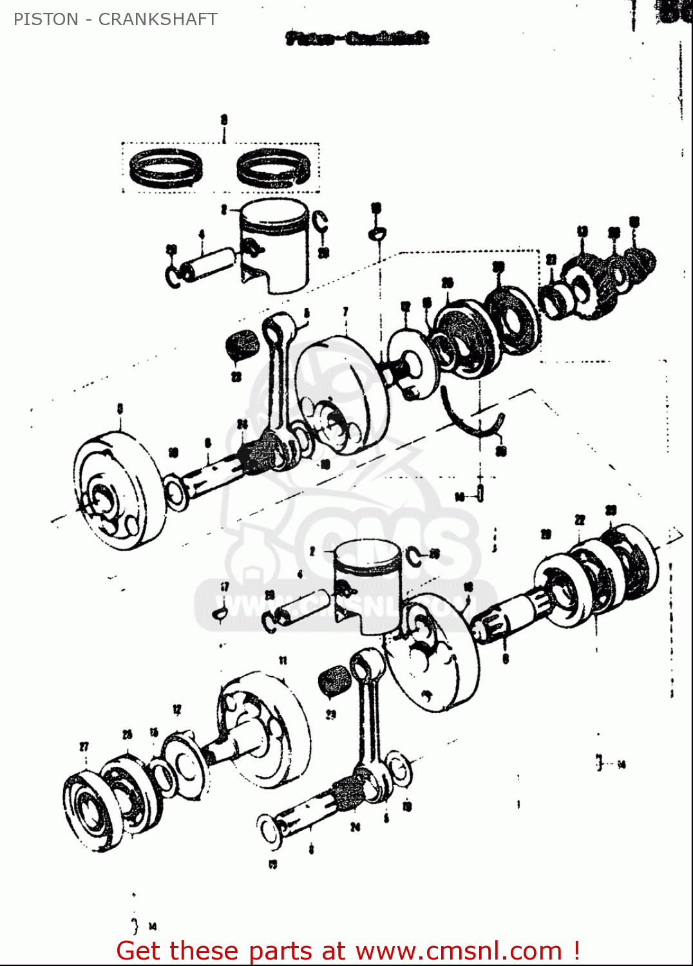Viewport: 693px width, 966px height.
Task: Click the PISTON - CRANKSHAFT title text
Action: pyautogui.click(x=115, y=19)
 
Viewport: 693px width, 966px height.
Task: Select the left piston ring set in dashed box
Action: pyautogui.click(x=166, y=168)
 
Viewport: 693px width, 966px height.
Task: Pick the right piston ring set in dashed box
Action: pyautogui.click(x=273, y=169)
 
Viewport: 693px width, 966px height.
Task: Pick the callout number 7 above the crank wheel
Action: pyautogui.click(x=346, y=312)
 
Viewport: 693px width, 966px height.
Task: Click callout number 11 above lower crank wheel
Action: pyautogui.click(x=283, y=660)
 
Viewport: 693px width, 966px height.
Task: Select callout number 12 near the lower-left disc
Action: pyautogui.click(x=176, y=710)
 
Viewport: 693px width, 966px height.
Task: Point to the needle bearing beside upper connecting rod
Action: pyautogui.click(x=242, y=347)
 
